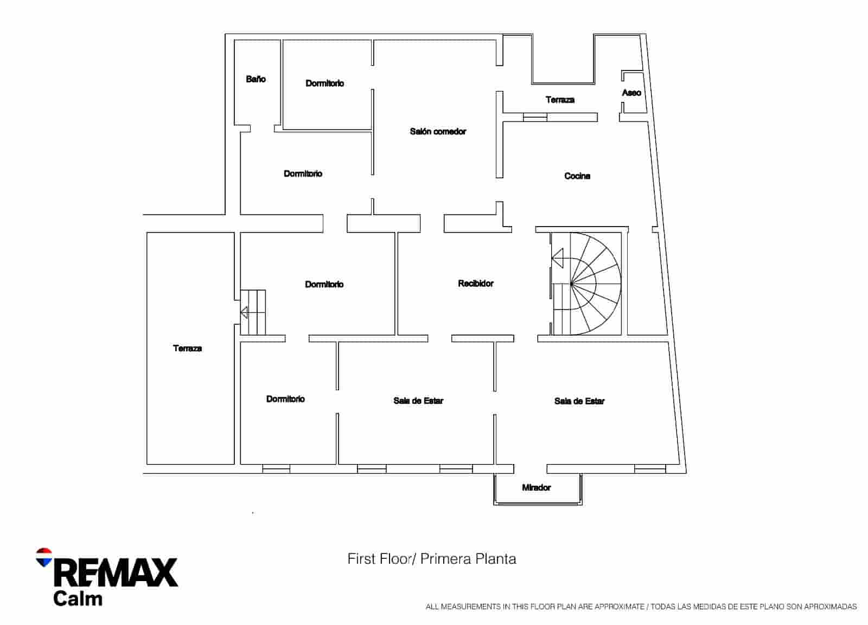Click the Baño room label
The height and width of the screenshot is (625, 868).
pyautogui.click(x=256, y=79)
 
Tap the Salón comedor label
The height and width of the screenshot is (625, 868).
pyautogui.click(x=438, y=131)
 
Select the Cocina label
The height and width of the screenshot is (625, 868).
pyautogui.click(x=577, y=176)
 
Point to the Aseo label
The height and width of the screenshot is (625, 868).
pyautogui.click(x=631, y=93)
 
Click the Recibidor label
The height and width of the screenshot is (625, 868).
pyautogui.click(x=476, y=283)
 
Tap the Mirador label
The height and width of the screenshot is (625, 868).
pyautogui.click(x=536, y=487)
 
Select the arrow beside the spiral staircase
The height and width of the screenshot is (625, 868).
pyautogui.click(x=558, y=257)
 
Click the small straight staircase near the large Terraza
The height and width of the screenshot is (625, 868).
pyautogui.click(x=253, y=312)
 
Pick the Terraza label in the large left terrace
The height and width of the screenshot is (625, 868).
pyautogui.click(x=188, y=348)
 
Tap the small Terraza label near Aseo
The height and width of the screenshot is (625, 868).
pyautogui.click(x=560, y=100)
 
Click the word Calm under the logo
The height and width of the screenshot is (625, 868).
pyautogui.click(x=78, y=599)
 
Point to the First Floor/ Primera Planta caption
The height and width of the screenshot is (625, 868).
pyautogui.click(x=432, y=558)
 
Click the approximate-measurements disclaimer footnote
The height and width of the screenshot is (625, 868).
pyautogui.click(x=641, y=607)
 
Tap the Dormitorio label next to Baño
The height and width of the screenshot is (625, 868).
pyautogui.click(x=324, y=83)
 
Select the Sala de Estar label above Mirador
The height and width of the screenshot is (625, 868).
pyautogui.click(x=579, y=401)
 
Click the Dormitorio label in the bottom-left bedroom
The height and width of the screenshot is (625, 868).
pyautogui.click(x=285, y=398)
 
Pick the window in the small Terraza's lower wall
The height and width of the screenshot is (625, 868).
pyautogui.click(x=535, y=117)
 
